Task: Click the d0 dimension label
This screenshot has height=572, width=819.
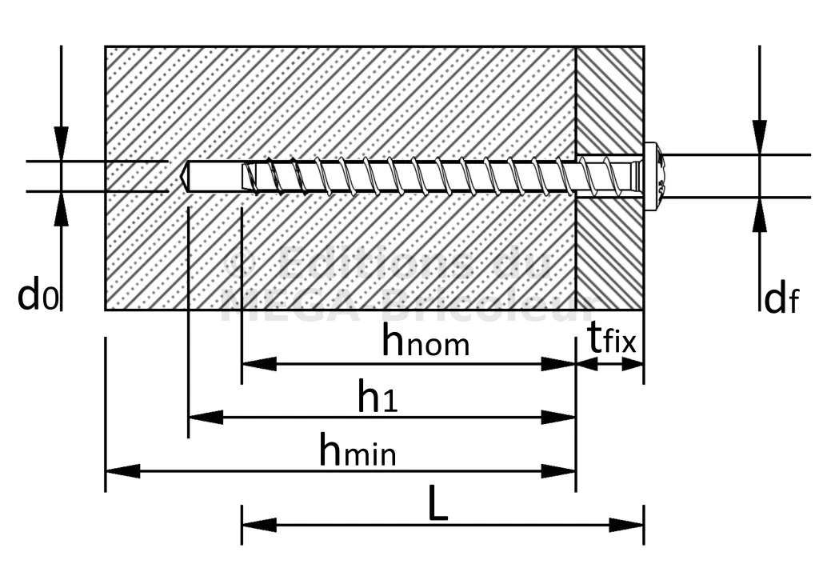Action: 38,296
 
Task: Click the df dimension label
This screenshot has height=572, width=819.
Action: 781,299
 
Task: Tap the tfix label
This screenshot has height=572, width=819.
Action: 612,341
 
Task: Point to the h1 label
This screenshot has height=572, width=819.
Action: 378,397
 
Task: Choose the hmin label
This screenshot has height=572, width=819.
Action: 357,451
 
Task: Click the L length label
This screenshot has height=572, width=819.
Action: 437,506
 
